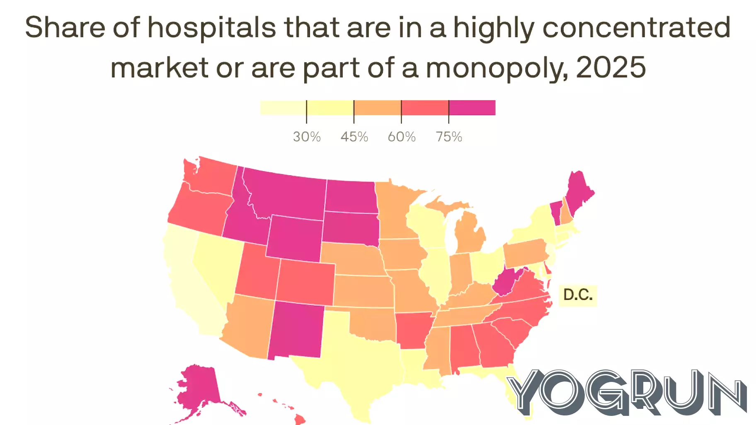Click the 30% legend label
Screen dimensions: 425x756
(307, 137)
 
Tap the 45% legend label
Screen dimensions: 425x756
(354, 137)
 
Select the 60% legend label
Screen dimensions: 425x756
(401, 137)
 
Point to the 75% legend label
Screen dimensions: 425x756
(448, 137)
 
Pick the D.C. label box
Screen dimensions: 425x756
(578, 295)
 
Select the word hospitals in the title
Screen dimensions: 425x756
(211, 28)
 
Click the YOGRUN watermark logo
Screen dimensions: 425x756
(626, 391)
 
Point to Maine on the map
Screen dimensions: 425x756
(578, 193)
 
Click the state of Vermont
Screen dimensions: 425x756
(555, 211)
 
